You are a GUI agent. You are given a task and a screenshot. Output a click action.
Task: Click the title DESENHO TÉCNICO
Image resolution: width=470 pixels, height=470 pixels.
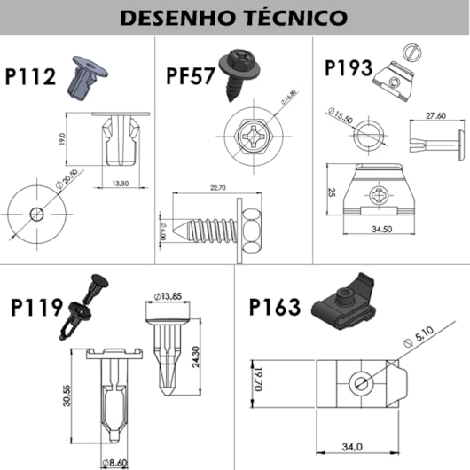point(234,17)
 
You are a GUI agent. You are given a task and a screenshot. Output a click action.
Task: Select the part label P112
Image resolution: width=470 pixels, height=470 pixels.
point(29,77)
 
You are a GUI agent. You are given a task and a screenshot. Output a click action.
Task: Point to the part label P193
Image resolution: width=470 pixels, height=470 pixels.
point(349,68)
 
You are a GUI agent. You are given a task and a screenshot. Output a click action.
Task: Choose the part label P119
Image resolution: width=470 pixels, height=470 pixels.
point(36,308)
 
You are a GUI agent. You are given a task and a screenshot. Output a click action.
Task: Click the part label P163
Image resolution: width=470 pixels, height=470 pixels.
point(274,307)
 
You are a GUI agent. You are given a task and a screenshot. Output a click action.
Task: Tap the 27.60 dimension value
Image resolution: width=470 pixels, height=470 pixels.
point(435,114)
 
